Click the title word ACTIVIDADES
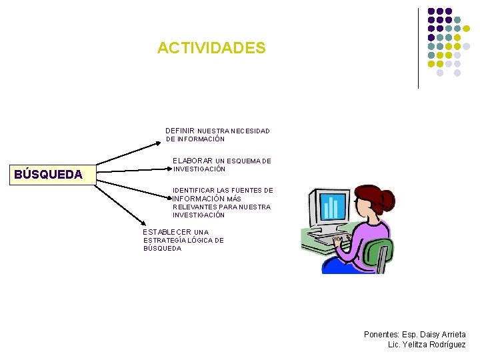point(211,49)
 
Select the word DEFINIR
point(180,131)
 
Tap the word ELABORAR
point(193,161)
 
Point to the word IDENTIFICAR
point(193,190)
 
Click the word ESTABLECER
point(167,232)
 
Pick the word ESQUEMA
point(244,161)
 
